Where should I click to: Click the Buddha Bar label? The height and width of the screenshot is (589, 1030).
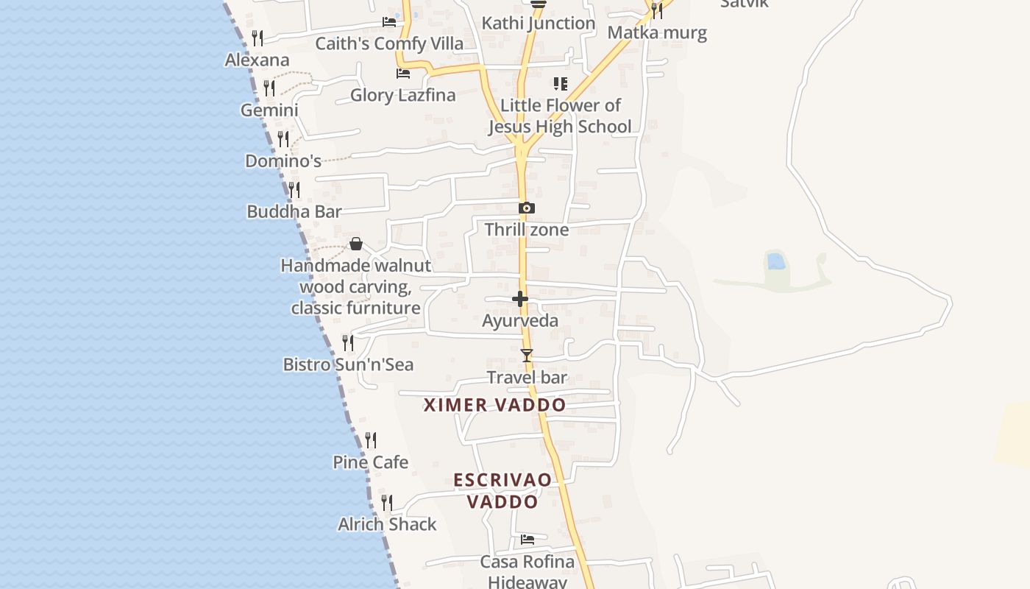tap(294, 212)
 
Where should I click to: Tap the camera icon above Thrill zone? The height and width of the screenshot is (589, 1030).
tap(526, 208)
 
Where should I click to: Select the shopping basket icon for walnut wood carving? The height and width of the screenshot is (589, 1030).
tap(356, 244)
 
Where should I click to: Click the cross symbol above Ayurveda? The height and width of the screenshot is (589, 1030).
tap(520, 299)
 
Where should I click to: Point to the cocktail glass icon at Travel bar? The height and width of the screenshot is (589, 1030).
tap(526, 356)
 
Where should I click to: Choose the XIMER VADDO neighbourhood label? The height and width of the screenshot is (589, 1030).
tap(495, 405)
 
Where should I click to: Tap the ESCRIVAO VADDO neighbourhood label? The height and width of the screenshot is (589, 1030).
tap(502, 490)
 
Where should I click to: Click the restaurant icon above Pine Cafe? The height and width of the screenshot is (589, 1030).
tap(372, 440)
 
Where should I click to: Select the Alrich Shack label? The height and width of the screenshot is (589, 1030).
tap(387, 524)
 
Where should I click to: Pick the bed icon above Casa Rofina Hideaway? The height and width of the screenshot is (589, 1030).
tap(528, 540)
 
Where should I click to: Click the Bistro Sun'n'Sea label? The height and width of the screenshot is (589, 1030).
tap(348, 364)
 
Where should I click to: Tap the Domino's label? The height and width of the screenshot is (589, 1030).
tap(283, 161)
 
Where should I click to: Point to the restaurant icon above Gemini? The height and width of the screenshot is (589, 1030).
tap(269, 88)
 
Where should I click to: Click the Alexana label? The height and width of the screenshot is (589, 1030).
tap(257, 60)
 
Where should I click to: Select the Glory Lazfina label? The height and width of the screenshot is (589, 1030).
tap(402, 95)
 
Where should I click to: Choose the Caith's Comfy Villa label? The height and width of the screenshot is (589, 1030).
tap(389, 43)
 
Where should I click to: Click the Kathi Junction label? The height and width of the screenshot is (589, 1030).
tap(539, 24)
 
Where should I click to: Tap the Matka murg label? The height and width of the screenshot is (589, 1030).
tap(657, 32)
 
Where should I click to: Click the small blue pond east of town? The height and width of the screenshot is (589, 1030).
tap(775, 261)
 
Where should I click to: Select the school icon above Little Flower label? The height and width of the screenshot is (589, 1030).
tap(561, 84)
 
